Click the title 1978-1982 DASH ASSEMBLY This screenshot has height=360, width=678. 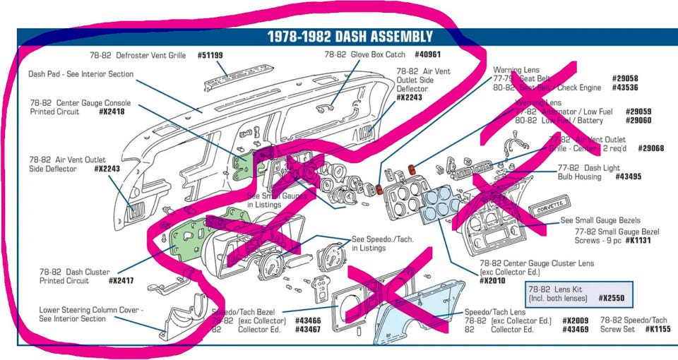pos(350,37)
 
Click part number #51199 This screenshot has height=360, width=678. pos(210,54)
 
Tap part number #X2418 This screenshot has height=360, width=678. pos(112,112)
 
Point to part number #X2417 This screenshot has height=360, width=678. pos(122,281)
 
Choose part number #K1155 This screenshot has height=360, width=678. pos(655,329)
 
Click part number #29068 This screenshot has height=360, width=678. pos(650,148)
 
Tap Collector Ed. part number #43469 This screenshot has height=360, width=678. pos(576,330)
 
